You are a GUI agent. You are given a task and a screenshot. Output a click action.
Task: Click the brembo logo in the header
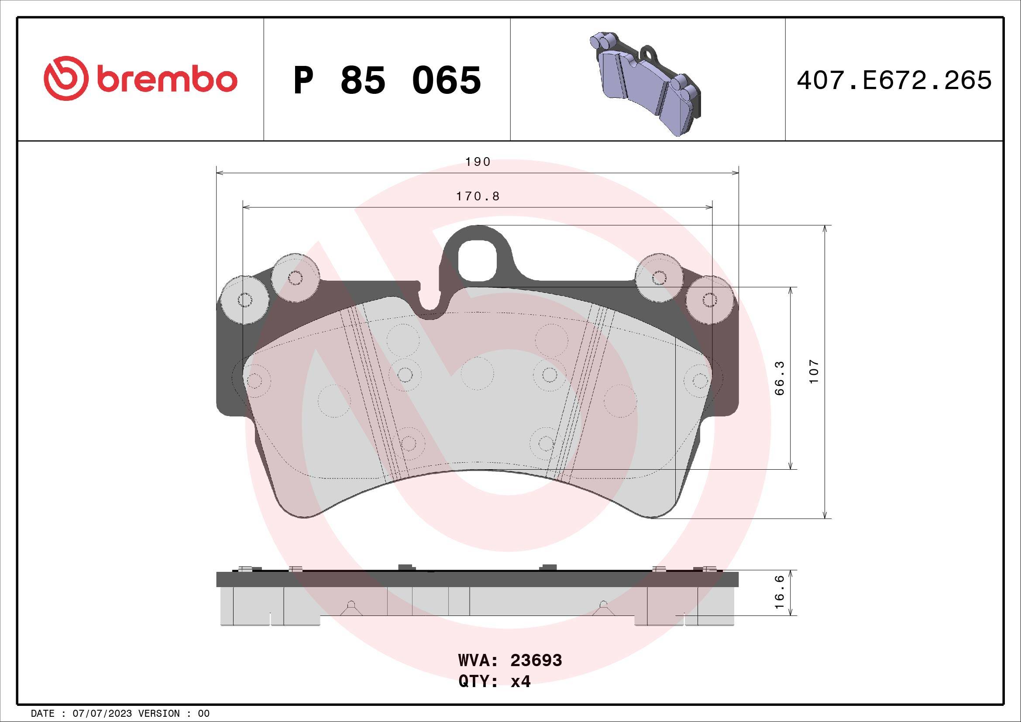coord(141,79)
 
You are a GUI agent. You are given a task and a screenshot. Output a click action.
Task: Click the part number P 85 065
coord(387,80)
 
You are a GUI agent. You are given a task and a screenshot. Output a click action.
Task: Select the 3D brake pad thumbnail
coord(647,83)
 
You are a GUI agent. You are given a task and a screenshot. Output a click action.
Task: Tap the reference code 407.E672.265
coord(894,80)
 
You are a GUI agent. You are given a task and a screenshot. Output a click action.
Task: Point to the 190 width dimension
coord(478,162)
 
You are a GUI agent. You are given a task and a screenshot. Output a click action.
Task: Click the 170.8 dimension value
coord(478,196)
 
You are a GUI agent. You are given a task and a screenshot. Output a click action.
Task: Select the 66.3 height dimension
coord(780,378)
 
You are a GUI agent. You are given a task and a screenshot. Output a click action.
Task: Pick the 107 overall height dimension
coord(813,371)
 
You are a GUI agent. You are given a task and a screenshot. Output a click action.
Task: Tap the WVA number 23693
coord(536,660)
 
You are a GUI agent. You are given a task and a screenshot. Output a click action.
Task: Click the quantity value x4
coord(520,681)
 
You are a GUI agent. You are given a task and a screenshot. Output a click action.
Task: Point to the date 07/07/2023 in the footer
coord(102,713)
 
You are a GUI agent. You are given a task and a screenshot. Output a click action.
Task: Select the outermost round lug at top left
coord(244,299)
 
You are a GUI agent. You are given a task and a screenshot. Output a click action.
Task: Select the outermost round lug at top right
coord(710,299)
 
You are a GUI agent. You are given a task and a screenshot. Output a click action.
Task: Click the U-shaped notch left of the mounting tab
coord(430,303)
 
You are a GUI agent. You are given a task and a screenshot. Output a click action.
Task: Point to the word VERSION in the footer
coord(160,713)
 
